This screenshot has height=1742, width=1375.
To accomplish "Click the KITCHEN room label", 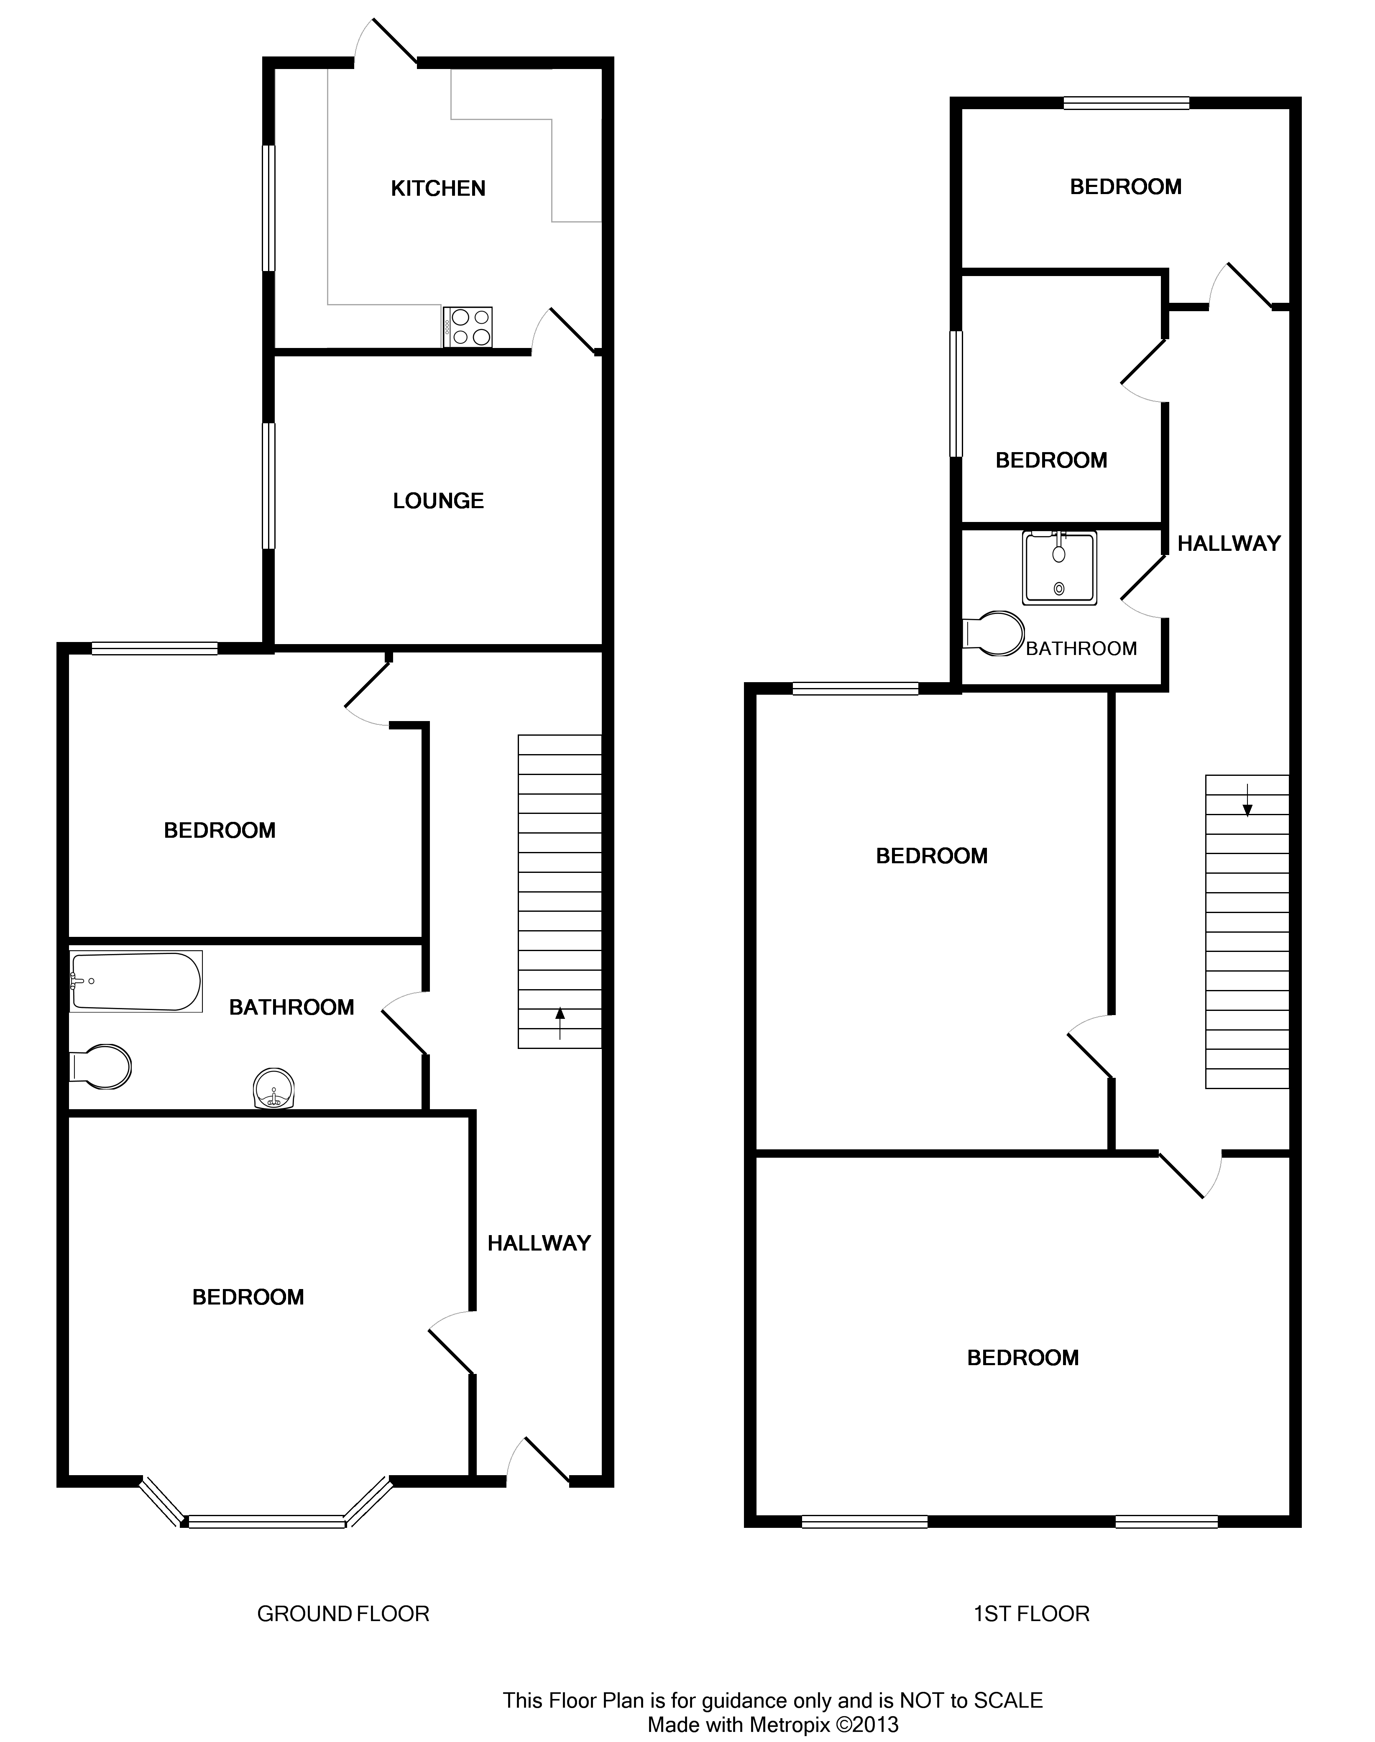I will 438,188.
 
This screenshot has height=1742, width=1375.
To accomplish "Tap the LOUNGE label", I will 438,501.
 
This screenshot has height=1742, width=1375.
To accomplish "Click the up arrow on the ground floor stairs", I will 560,1024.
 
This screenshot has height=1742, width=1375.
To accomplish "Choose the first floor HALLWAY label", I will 1229,544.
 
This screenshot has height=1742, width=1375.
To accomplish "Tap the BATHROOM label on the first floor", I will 1081,649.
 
